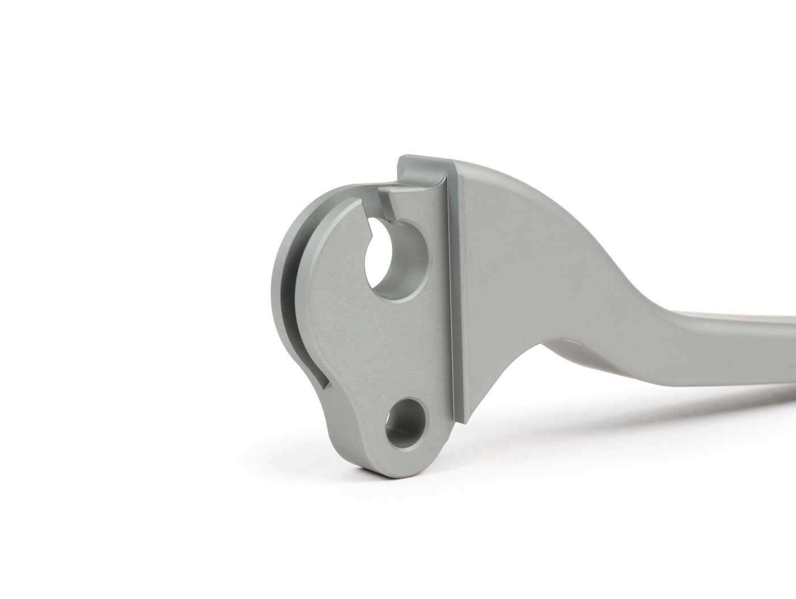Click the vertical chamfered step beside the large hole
coord(449,285)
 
